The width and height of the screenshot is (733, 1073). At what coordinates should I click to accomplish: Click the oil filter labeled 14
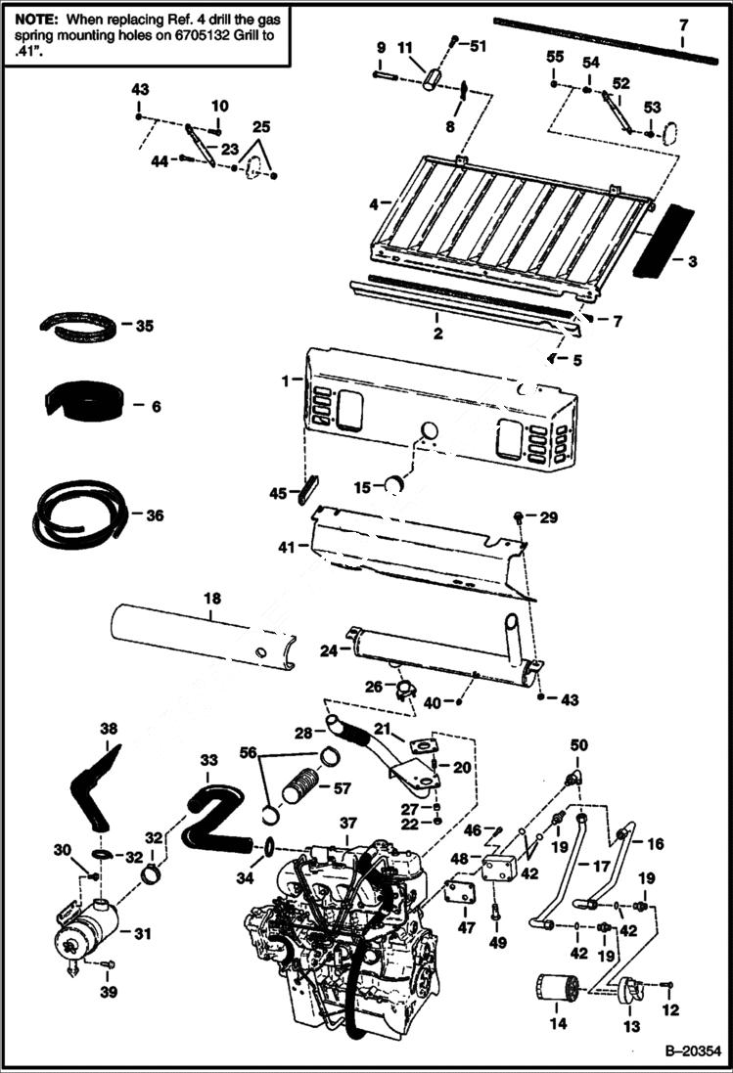coord(555,988)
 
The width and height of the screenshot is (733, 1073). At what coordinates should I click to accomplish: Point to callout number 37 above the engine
coord(349,825)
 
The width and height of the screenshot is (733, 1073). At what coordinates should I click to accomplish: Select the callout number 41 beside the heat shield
coord(285,548)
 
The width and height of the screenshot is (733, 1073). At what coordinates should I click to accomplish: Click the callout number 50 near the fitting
coord(578,745)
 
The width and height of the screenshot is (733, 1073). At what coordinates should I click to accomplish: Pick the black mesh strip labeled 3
coord(662,242)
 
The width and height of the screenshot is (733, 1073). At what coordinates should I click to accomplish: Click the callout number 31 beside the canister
coord(143,934)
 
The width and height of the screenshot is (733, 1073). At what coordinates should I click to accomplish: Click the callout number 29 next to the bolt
coord(548,516)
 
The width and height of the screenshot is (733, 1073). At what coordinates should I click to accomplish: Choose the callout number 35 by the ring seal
coord(144,325)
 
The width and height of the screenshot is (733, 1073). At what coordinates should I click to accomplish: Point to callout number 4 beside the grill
coord(374,203)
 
